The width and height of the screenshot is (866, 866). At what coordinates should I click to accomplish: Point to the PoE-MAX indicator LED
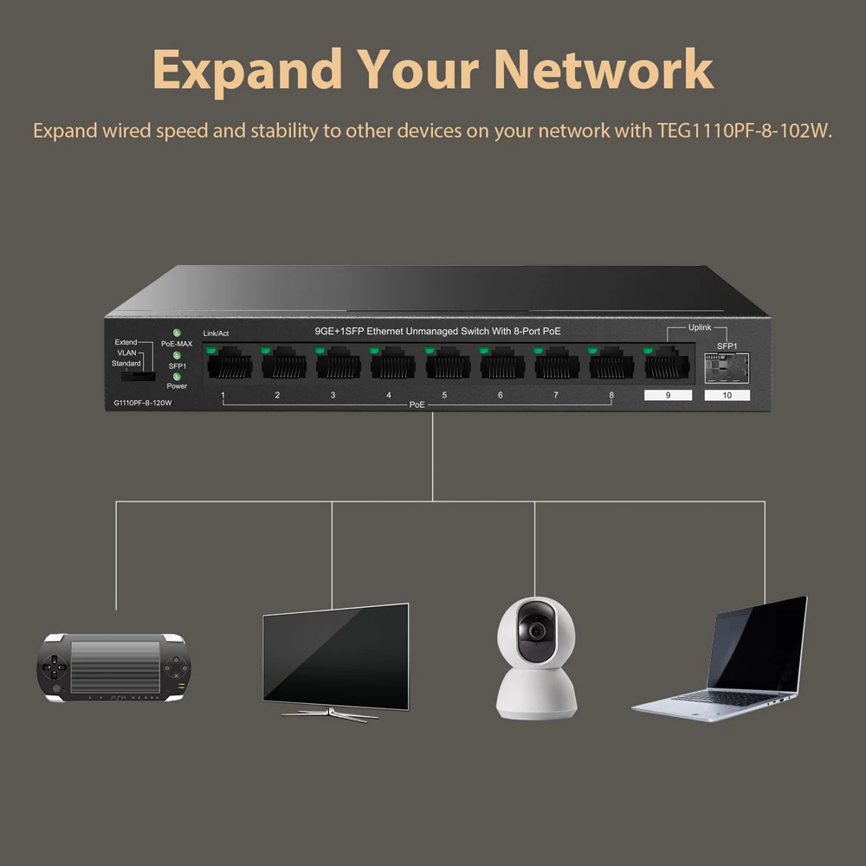pyautogui.click(x=177, y=333)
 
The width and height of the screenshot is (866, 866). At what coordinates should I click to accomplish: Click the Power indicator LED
pyautogui.click(x=177, y=376)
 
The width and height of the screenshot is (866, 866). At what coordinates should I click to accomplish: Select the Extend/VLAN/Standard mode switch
pyautogui.click(x=137, y=378)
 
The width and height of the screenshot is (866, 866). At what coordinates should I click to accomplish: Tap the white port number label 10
pyautogui.click(x=727, y=396)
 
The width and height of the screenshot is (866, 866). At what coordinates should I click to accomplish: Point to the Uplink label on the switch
pyautogui.click(x=699, y=327)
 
